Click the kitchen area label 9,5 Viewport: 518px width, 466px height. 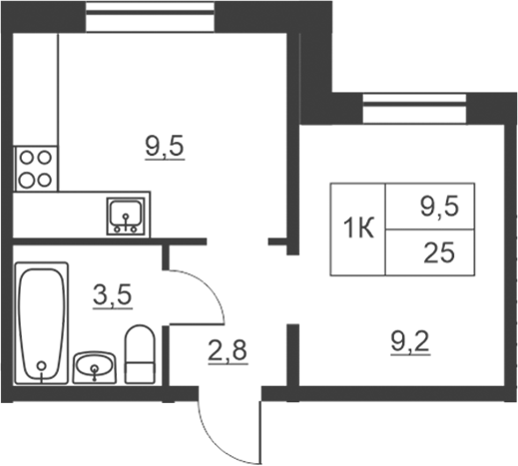(165, 147)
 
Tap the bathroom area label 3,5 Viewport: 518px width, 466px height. (113, 294)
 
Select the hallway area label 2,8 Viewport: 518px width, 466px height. (228, 350)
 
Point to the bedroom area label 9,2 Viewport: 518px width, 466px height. (410, 341)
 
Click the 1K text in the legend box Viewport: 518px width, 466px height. (358, 229)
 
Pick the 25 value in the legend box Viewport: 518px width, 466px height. (439, 252)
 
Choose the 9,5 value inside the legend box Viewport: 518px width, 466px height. (439, 207)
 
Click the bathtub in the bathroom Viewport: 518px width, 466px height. (42, 322)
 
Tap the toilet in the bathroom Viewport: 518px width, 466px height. (140, 354)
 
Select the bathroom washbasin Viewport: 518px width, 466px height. (95, 367)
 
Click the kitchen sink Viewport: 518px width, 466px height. (126, 217)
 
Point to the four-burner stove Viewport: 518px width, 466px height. (36, 169)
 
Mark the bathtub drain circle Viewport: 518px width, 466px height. (42, 366)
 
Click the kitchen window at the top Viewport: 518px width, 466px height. (150, 17)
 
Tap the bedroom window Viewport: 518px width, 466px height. (414, 109)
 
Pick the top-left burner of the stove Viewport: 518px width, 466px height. (27, 158)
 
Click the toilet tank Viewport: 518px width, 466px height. (140, 372)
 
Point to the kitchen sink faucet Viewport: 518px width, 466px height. (126, 223)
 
